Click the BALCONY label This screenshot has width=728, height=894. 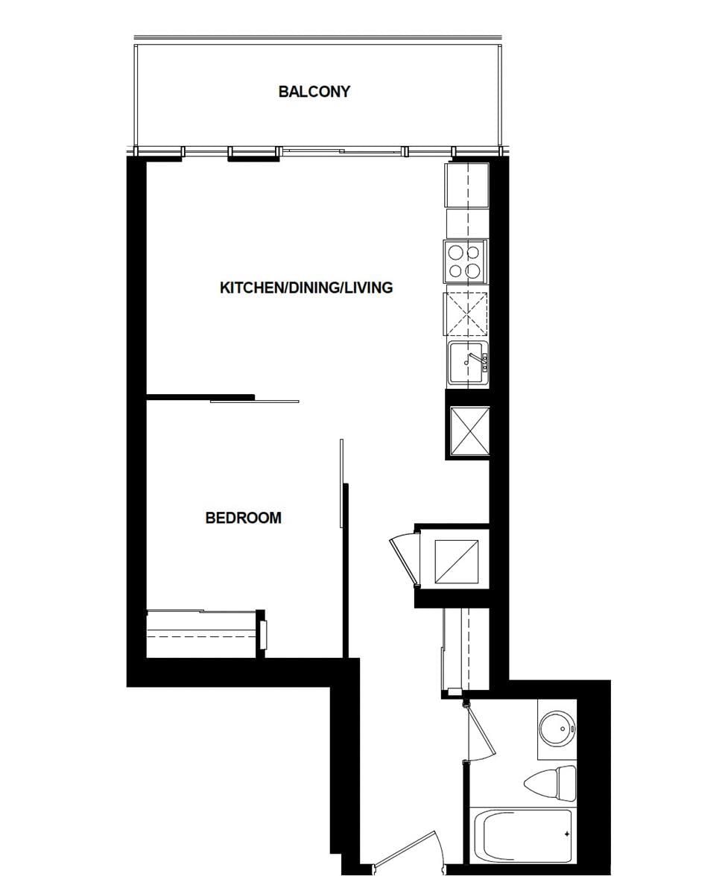(x=314, y=92)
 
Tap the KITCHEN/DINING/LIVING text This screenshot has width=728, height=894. (x=306, y=288)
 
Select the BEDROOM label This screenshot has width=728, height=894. (x=243, y=518)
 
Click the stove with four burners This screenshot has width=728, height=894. (x=465, y=261)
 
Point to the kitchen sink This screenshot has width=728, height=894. (x=468, y=363)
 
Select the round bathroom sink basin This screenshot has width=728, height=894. (x=557, y=727)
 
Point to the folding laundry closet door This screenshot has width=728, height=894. (x=405, y=559)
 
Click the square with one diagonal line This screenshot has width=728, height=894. (x=456, y=562)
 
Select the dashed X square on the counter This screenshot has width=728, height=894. (x=466, y=314)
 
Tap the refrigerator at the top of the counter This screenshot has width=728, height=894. (x=467, y=185)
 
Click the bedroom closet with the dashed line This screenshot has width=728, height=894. (x=201, y=634)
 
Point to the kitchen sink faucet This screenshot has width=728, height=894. (x=471, y=358)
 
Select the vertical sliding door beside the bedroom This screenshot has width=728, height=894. (x=342, y=483)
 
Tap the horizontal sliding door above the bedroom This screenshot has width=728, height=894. (x=254, y=402)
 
